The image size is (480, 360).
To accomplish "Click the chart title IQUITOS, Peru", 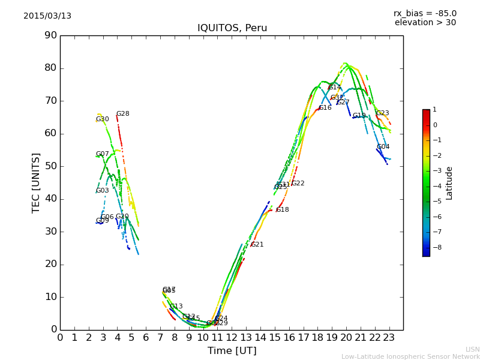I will click(232, 28).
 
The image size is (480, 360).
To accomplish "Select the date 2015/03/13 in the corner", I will click(47, 16).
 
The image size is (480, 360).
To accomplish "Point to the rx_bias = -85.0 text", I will click(425, 13).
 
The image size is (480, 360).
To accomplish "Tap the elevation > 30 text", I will click(425, 23).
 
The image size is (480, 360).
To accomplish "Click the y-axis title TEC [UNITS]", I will click(37, 182).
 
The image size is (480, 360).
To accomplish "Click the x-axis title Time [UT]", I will click(232, 351).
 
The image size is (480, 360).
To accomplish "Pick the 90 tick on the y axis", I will click(50, 35).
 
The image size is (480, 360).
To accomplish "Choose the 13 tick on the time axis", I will click(246, 338).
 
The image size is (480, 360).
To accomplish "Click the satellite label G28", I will click(123, 114).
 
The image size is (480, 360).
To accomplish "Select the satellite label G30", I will click(103, 119).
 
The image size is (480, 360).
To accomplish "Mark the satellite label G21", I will click(257, 245).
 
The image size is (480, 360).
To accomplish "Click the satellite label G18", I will click(283, 210).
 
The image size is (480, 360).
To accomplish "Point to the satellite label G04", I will click(383, 147).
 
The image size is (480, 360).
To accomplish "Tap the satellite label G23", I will click(382, 113).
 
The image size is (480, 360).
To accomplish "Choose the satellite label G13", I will click(176, 307).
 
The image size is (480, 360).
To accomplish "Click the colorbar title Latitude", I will click(449, 183).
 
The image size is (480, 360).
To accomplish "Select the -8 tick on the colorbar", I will click(435, 247).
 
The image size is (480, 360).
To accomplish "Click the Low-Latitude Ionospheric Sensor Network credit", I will click(410, 357).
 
